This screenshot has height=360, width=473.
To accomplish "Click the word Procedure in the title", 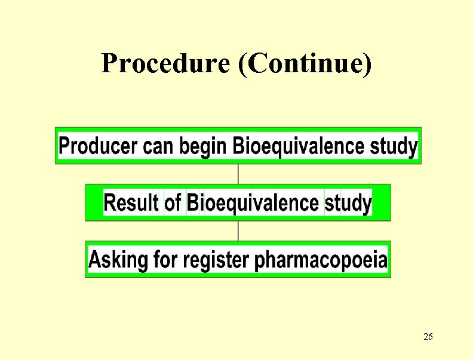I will (x=165, y=63).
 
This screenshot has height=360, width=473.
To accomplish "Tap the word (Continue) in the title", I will (x=305, y=63).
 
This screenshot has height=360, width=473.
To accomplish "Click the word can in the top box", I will (x=158, y=146).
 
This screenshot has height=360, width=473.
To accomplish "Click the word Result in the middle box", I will (x=131, y=203).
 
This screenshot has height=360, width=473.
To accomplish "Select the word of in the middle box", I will (x=173, y=203).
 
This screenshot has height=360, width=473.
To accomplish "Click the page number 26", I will (x=428, y=337).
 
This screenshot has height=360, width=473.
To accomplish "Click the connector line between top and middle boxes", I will (x=238, y=174).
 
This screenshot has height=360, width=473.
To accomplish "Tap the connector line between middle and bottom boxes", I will (x=238, y=230).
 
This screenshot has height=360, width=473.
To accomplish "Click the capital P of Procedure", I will (x=109, y=63).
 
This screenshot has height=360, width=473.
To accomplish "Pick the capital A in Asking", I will (x=95, y=260).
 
